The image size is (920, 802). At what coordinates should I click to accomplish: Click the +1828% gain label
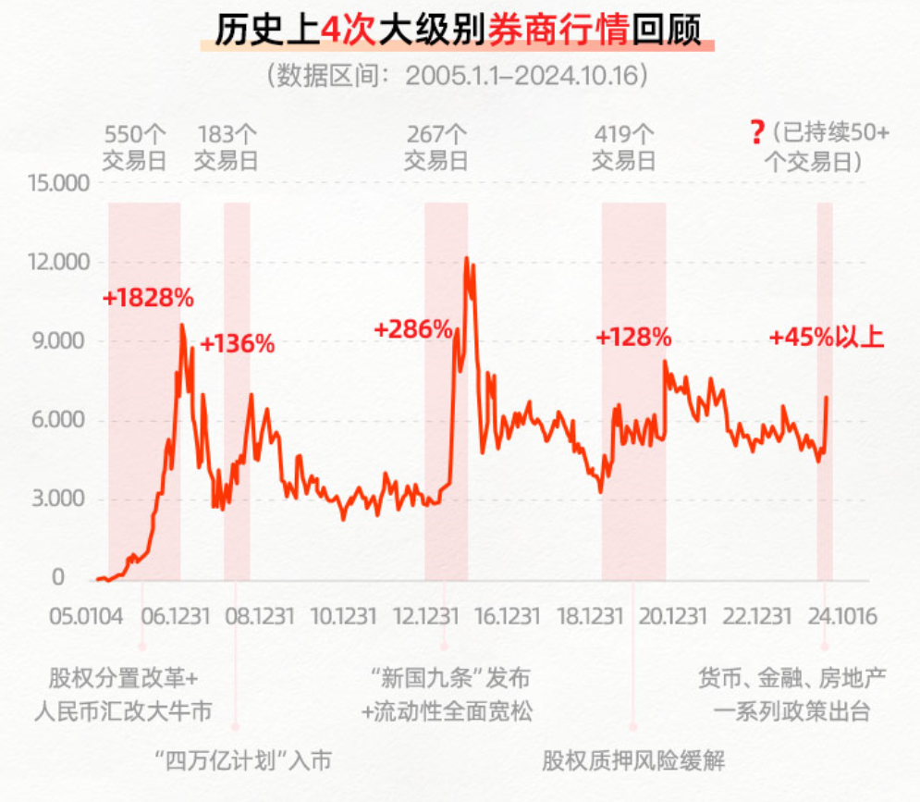pos(148,299)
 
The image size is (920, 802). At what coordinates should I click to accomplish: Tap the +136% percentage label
pos(238,344)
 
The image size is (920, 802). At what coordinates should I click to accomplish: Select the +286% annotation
pos(412,328)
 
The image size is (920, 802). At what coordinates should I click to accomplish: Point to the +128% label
pos(633,338)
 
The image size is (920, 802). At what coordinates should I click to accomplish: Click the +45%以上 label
pos(827,338)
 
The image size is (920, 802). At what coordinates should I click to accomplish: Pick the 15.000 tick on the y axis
pos(59,183)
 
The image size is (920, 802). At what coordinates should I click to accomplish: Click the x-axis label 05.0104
pos(85,615)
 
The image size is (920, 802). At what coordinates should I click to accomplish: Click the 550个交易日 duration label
pos(135,147)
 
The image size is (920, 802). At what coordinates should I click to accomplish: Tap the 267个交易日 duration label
pos(436,147)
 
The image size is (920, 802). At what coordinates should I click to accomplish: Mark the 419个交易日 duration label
pos(624,147)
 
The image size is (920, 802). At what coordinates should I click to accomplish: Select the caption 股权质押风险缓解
pos(634,760)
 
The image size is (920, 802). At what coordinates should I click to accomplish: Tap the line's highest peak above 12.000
pos(467,258)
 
